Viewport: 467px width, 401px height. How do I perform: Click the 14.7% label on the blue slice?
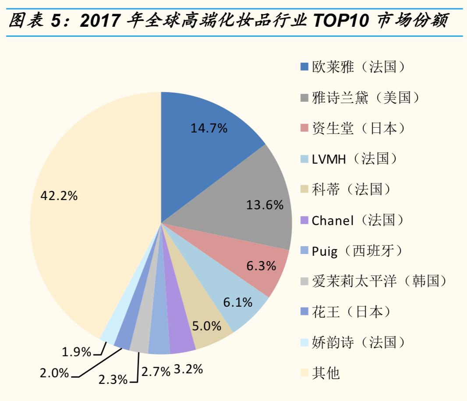pos(209,128)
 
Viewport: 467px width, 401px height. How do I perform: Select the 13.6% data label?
pos(265,205)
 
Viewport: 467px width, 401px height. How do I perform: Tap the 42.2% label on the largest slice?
pos(59,196)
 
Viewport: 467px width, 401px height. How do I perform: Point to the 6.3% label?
pos(261,265)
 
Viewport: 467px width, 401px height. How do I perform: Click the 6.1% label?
pos(237,302)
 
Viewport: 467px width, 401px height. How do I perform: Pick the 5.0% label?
pos(206,326)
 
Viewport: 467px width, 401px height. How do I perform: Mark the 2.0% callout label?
pos(54,373)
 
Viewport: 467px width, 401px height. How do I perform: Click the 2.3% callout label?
pos(113,379)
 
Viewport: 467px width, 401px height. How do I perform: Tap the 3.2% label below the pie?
pos(188,369)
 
